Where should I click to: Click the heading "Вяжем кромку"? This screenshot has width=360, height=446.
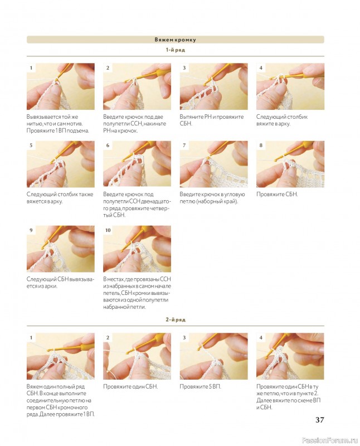(175, 40)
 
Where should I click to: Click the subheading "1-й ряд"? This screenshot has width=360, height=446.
(176, 50)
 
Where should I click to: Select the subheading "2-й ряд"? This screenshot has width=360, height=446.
(176, 319)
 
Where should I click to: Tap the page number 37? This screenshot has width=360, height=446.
(320, 420)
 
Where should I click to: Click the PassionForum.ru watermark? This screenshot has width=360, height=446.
(330, 440)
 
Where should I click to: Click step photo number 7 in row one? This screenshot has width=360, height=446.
(213, 164)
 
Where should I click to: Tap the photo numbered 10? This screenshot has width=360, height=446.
(137, 249)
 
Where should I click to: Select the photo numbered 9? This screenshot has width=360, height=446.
(61, 249)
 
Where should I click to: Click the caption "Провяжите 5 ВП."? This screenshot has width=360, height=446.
(200, 387)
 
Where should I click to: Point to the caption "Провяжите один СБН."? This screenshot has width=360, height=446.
(130, 387)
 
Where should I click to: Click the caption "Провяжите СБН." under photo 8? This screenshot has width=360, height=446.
(277, 195)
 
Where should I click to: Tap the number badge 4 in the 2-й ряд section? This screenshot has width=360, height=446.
(261, 338)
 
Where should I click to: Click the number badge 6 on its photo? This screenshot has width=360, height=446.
(108, 146)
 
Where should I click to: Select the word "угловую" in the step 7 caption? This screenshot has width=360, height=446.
(234, 195)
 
